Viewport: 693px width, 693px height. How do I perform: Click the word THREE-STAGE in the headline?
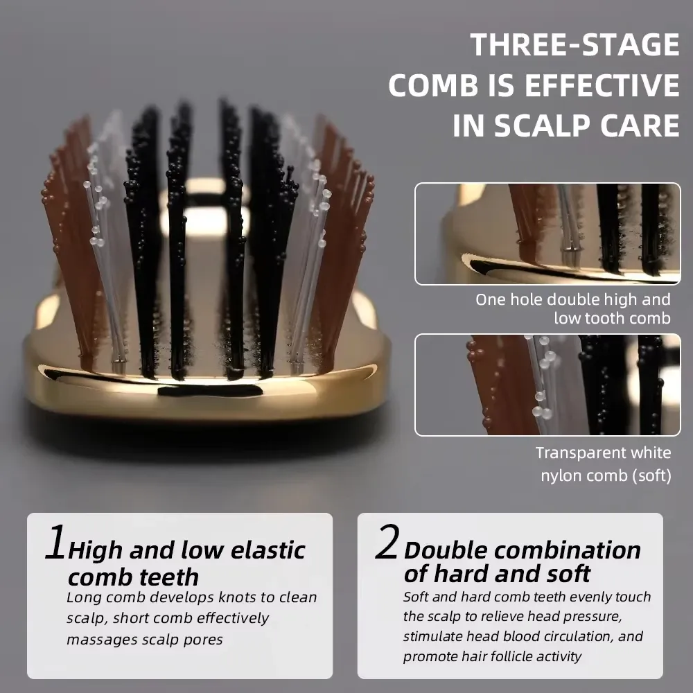pos(574,44)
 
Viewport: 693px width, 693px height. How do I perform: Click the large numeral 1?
pos(56,542)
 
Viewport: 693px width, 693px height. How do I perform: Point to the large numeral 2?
pos(387,541)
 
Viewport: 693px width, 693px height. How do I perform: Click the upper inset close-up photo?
pos(547,234)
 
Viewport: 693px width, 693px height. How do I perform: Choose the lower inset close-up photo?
pos(547,385)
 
